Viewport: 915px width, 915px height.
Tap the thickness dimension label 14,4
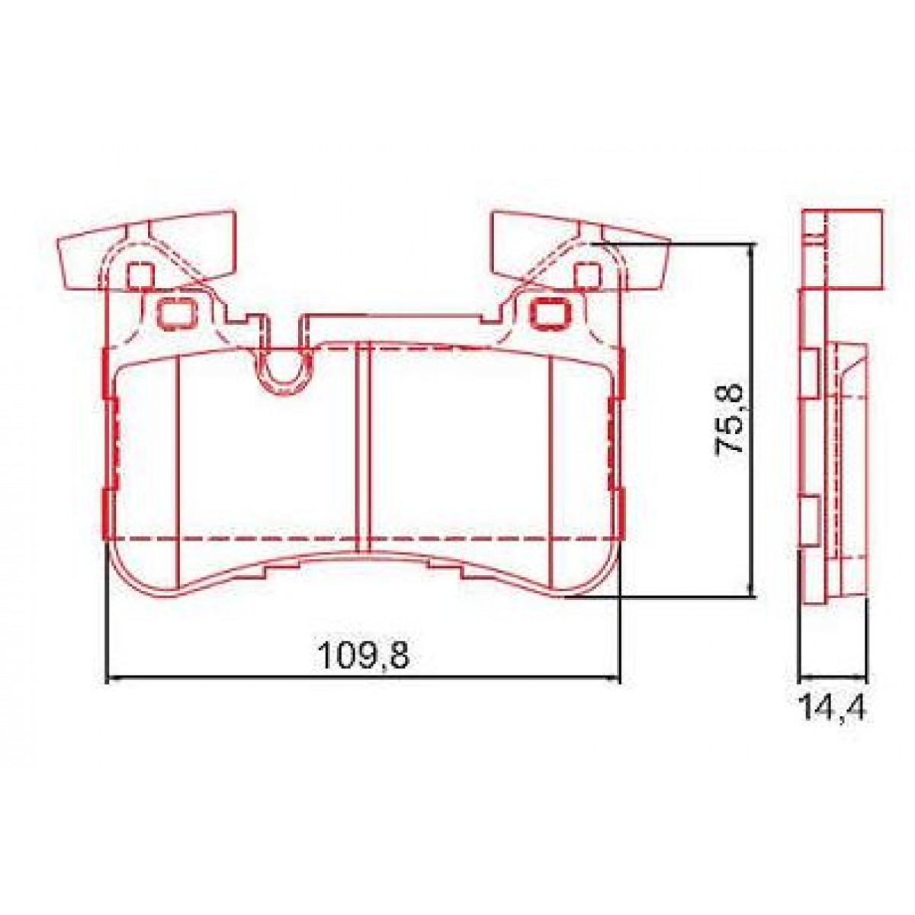tap(833, 708)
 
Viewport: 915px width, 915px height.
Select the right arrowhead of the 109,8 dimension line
tap(615, 676)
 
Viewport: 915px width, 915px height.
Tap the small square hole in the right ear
tap(586, 274)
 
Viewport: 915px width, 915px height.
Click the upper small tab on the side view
tap(807, 373)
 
